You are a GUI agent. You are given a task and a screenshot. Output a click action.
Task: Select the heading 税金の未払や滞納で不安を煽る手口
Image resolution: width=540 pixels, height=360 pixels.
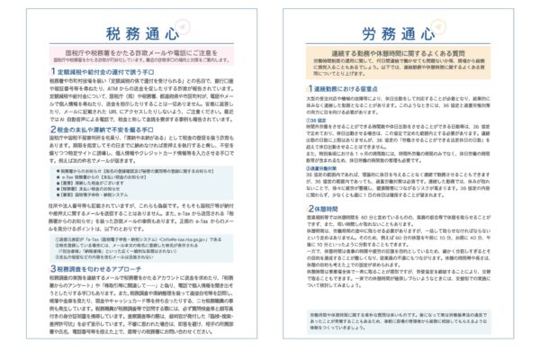pos(100,130)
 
